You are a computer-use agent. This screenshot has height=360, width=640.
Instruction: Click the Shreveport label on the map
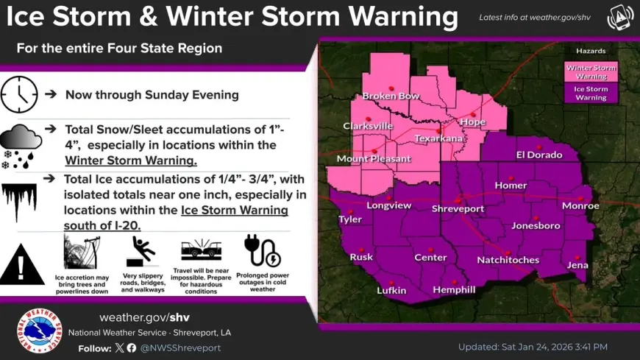457,208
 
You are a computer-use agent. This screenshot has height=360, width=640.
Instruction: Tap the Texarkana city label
438,138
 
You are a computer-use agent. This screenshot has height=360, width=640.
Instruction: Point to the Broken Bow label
391,96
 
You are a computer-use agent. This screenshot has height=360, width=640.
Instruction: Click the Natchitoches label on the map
508,260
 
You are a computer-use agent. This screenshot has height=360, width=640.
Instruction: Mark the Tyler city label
349,219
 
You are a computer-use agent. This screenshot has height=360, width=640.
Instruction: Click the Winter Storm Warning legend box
591,71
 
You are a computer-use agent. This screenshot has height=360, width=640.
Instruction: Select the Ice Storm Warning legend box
591,93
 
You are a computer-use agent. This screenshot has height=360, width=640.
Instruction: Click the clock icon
18,94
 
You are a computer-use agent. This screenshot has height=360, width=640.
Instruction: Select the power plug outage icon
262,251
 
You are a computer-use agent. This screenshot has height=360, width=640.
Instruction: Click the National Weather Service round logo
39,331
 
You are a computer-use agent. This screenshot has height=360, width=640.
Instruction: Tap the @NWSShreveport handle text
180,347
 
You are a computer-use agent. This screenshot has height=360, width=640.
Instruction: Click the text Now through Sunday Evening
152,95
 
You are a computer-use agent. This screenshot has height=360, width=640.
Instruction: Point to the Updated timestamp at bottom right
533,347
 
